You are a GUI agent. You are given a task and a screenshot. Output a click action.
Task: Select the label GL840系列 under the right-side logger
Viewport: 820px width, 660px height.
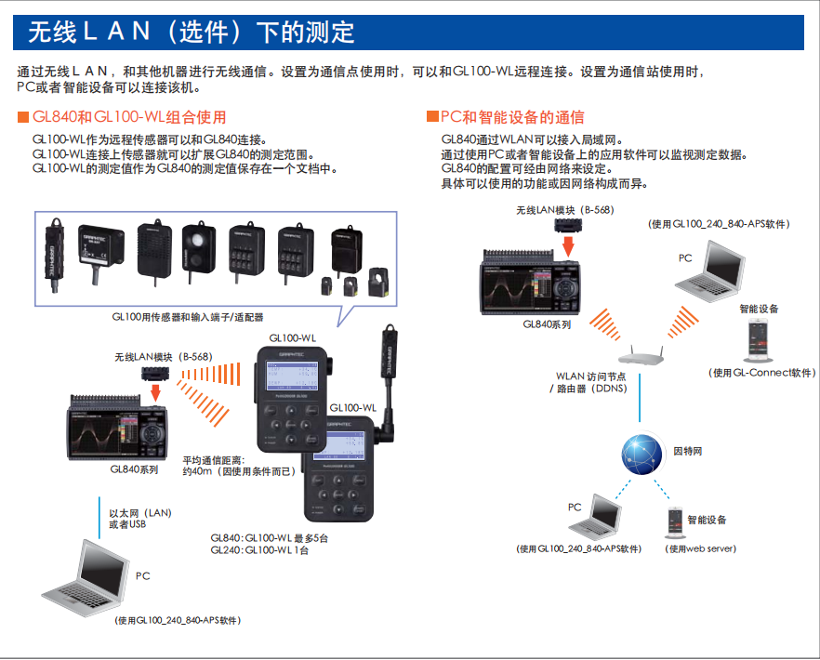pos(547,324)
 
